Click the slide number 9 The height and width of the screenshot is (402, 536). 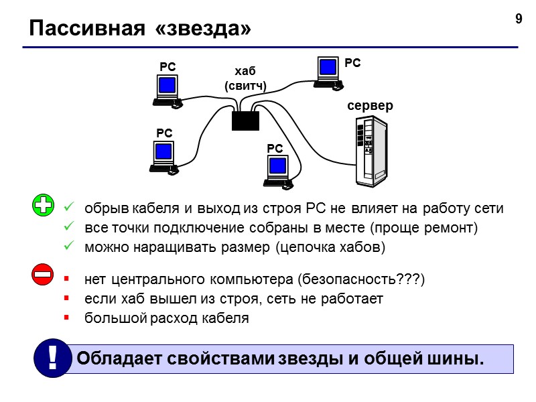(518, 19)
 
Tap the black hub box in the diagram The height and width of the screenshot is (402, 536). (245, 121)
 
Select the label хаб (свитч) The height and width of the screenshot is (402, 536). (245, 78)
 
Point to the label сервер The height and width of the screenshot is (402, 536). (370, 106)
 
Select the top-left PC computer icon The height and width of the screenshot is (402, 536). (167, 90)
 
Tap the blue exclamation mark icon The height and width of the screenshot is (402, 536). (51, 358)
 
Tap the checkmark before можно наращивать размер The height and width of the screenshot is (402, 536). (68, 247)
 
